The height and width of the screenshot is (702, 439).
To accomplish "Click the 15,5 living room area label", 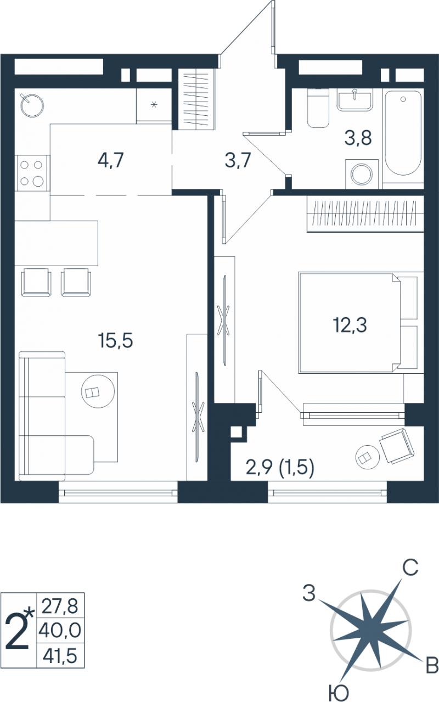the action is pyautogui.click(x=116, y=340).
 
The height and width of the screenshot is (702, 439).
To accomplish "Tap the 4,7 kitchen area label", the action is pyautogui.click(x=111, y=160).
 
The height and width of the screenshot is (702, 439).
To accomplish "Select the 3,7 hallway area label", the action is pyautogui.click(x=238, y=160).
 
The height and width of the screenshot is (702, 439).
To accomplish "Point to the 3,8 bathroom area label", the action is pyautogui.click(x=358, y=138).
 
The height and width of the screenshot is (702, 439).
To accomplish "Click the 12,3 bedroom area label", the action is pyautogui.click(x=350, y=324).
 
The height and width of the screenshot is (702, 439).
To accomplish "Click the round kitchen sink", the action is pyautogui.click(x=31, y=105).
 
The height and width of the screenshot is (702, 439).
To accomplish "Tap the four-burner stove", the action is pyautogui.click(x=31, y=173).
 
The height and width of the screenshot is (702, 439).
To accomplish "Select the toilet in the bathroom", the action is pyautogui.click(x=318, y=108).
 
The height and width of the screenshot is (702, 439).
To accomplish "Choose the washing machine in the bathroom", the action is pyautogui.click(x=362, y=174).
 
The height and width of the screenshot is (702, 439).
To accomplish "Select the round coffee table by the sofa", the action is pyautogui.click(x=98, y=391).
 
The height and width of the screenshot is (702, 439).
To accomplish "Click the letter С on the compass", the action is pyautogui.click(x=410, y=567).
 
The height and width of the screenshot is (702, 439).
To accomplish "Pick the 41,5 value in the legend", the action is pyautogui.click(x=60, y=655).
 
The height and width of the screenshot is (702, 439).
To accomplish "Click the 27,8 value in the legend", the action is pyautogui.click(x=60, y=606).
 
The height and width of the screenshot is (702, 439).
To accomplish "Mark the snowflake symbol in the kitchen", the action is pyautogui.click(x=154, y=104).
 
